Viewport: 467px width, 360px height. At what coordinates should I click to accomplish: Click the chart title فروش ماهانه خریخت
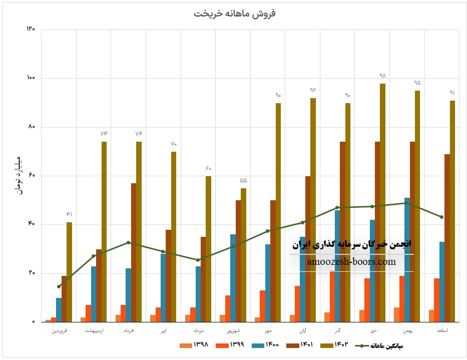[x=235, y=13]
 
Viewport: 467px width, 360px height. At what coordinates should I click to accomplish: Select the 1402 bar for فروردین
[x=69, y=272]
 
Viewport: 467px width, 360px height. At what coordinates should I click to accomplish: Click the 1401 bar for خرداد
[x=134, y=252]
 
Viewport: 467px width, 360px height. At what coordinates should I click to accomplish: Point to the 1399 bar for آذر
[x=332, y=296]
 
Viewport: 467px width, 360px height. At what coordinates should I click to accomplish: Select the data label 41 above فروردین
[x=69, y=214]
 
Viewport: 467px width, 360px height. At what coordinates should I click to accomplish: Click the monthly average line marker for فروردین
[x=59, y=286]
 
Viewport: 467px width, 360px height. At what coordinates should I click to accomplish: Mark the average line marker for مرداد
[x=198, y=260]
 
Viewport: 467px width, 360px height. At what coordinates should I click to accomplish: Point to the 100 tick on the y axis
[x=31, y=79]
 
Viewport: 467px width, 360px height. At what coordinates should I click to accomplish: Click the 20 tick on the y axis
[x=31, y=273]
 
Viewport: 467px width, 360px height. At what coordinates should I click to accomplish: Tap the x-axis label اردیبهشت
[x=94, y=331]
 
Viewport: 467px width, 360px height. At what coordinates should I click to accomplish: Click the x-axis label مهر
[x=268, y=331]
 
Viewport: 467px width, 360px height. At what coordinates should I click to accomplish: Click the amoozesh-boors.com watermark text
[x=351, y=262]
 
